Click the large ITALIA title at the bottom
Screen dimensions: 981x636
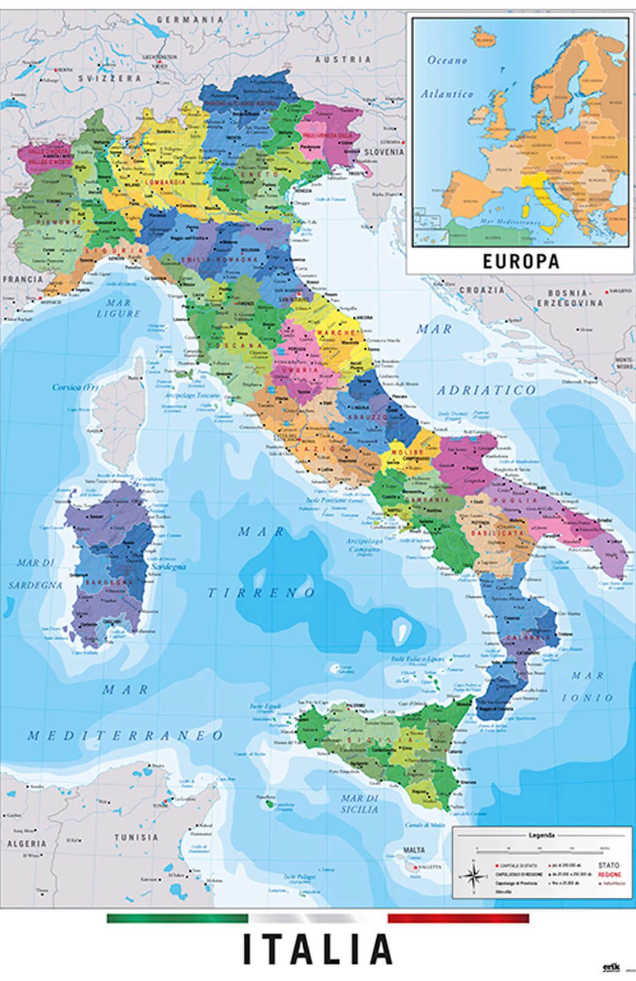317,950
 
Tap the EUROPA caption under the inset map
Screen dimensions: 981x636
521,261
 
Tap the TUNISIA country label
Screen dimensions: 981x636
135,837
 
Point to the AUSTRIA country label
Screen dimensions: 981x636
343,59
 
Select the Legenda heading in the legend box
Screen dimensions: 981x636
542,834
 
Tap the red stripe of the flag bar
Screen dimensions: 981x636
458,918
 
